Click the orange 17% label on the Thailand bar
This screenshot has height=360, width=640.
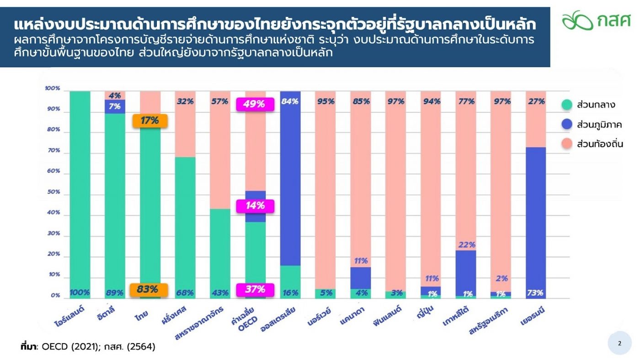(x=149, y=121)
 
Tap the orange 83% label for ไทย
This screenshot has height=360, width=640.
(x=149, y=290)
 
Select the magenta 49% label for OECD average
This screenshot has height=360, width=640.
(x=255, y=104)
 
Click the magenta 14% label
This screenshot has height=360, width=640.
(x=255, y=206)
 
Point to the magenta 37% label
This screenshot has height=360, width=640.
(x=255, y=290)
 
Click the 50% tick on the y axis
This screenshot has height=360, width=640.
(x=53, y=192)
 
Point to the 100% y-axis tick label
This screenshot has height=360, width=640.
(x=53, y=88)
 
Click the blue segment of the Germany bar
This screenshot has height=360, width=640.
(x=535, y=219)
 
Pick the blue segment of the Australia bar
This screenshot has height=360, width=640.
(x=290, y=178)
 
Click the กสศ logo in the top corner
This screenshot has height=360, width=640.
(x=596, y=20)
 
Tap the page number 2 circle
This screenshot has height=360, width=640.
(x=619, y=344)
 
